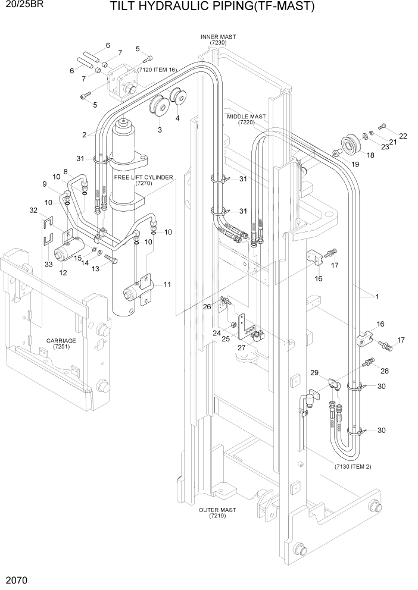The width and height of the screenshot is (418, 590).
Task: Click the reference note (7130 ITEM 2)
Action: click(x=353, y=467)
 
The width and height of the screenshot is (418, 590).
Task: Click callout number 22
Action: click(x=403, y=136)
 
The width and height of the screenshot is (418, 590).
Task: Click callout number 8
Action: click(x=65, y=172)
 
